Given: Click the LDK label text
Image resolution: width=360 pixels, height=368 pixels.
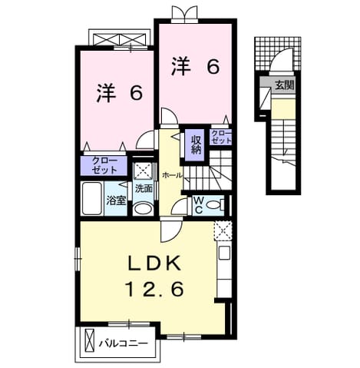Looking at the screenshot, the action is (154, 264).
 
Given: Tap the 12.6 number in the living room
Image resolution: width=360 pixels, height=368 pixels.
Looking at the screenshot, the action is (154, 289).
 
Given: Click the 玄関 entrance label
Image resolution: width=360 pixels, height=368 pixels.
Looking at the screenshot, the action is (284, 85).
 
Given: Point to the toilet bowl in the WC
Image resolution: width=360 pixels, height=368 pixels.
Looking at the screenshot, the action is (213, 205).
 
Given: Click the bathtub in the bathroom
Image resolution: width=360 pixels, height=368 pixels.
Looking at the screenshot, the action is (91, 198).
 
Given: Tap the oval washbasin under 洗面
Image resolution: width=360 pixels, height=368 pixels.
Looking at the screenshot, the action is (144, 209).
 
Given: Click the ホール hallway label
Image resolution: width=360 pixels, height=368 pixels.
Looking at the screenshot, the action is (172, 175).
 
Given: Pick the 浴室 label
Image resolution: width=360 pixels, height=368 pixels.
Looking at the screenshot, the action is (117, 201).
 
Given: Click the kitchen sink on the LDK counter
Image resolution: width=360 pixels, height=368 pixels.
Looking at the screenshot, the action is (224, 252).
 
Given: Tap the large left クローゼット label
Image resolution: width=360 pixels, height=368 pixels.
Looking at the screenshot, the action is (104, 165).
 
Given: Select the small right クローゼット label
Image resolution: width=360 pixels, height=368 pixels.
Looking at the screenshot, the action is (221, 137).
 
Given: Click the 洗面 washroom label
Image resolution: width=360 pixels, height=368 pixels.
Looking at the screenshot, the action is (144, 189).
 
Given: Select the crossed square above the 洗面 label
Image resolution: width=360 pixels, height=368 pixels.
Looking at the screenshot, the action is (144, 171).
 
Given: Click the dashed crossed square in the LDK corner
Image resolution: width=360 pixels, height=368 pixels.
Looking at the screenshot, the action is (223, 231).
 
